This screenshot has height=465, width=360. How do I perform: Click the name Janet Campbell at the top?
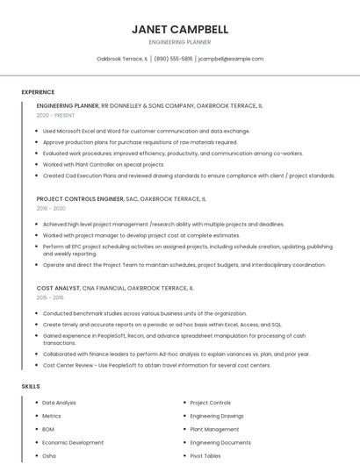click(x=180, y=29)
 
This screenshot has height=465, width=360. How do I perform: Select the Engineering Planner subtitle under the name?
click(x=180, y=42)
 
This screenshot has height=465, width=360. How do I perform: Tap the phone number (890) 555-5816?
click(x=175, y=59)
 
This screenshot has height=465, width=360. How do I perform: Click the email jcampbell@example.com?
click(x=231, y=59)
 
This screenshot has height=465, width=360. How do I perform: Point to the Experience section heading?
click(x=38, y=91)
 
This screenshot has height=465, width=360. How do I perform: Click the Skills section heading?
click(x=31, y=386)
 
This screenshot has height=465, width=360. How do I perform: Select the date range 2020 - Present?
click(x=55, y=115)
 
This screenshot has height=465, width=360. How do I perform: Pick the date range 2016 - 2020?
click(x=51, y=209)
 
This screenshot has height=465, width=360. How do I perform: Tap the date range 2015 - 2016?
click(x=51, y=298)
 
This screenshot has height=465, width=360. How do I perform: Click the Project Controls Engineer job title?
click(x=86, y=199)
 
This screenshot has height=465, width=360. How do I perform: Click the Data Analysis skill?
click(x=60, y=403)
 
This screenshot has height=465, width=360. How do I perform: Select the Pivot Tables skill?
click(x=205, y=456)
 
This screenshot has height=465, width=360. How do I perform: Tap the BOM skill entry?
click(x=48, y=430)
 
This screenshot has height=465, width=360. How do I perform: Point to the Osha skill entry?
click(x=49, y=456)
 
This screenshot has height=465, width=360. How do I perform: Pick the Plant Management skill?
click(x=214, y=430)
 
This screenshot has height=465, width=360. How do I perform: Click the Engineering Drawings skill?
click(x=217, y=416)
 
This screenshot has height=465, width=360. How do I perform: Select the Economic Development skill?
click(x=73, y=443)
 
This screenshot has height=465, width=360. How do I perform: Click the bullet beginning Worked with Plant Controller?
click(x=104, y=164)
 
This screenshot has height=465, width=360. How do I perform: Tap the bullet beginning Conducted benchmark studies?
click(x=145, y=313)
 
